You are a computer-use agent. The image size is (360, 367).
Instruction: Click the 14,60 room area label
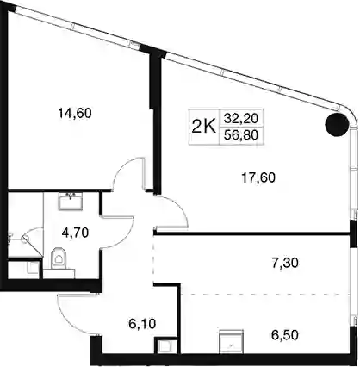pyautogui.click(x=75, y=113)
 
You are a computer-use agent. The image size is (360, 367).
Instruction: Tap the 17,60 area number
pyautogui.click(x=258, y=177)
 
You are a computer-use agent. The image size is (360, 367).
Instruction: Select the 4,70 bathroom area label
pyautogui.click(x=75, y=233)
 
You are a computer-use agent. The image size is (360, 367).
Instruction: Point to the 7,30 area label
pyautogui.click(x=285, y=263)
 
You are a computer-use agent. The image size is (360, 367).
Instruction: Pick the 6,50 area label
pyautogui.click(x=285, y=335)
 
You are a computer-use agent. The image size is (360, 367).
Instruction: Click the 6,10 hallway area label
pyautogui.click(x=142, y=324)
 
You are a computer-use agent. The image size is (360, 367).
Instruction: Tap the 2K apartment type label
pyautogui.click(x=204, y=127)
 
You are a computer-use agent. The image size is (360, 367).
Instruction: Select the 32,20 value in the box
pyautogui.click(x=241, y=118)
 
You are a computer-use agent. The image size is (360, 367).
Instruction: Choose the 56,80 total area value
pyautogui.click(x=241, y=134)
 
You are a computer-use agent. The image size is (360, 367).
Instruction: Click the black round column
pyautogui.click(x=337, y=124)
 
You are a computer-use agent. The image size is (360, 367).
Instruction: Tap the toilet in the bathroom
pyautogui.click(x=59, y=258)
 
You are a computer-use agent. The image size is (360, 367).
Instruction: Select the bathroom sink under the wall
pyautogui.click(x=71, y=201)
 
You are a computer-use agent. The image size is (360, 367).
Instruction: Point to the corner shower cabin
pyautogui.click(x=25, y=242)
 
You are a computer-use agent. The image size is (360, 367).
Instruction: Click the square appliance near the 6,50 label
pyautogui.click(x=231, y=342)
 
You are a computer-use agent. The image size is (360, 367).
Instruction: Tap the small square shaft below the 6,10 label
pyautogui.click(x=165, y=346)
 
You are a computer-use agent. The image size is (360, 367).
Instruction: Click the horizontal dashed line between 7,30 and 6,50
pyautogui.click(x=264, y=295)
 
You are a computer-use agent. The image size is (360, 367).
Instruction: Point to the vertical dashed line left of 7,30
pyautogui.click(x=153, y=259)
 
